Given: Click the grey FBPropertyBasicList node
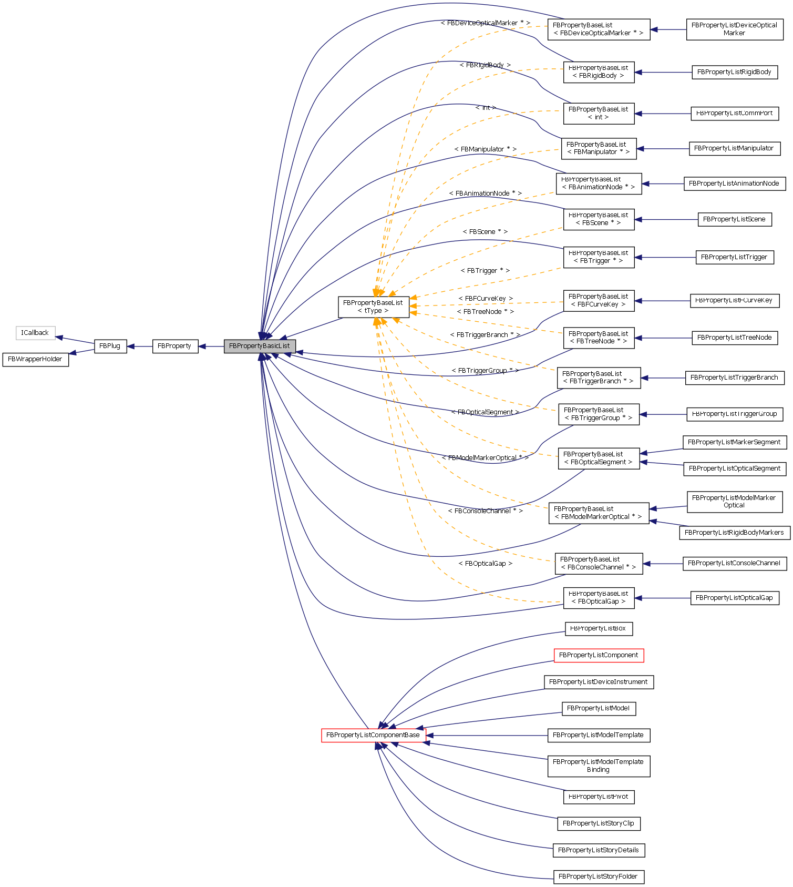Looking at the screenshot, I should pyautogui.click(x=260, y=346).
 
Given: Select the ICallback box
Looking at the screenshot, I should pyautogui.click(x=35, y=333).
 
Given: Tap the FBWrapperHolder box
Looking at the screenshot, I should pyautogui.click(x=35, y=360).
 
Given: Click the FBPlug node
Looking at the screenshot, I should pyautogui.click(x=110, y=346).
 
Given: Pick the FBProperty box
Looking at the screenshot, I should pyautogui.click(x=175, y=346).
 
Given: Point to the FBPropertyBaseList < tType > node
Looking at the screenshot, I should pyautogui.click(x=373, y=307).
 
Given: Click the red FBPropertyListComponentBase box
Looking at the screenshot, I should pyautogui.click(x=373, y=735).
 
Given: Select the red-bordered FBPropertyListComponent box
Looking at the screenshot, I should pyautogui.click(x=599, y=655).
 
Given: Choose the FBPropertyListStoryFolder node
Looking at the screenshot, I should pyautogui.click(x=599, y=876).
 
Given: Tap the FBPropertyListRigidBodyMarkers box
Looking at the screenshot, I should pyautogui.click(x=734, y=533).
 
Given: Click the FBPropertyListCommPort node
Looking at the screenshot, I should pyautogui.click(x=734, y=113).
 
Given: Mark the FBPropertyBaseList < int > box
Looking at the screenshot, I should pyautogui.click(x=599, y=114).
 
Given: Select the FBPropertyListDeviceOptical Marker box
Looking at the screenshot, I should pyautogui.click(x=734, y=29).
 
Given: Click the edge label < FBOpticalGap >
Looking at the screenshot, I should pyautogui.click(x=485, y=564).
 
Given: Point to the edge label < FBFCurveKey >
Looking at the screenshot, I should pyautogui.click(x=486, y=299).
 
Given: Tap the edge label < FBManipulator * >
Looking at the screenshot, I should pyautogui.click(x=485, y=149).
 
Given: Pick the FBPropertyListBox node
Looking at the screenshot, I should pyautogui.click(x=599, y=628).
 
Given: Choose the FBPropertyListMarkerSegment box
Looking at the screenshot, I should pyautogui.click(x=734, y=442).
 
